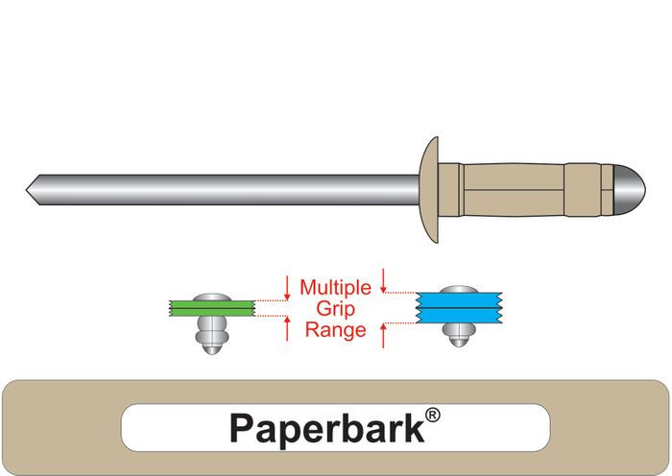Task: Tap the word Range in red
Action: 334,330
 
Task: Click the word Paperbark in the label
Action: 326,428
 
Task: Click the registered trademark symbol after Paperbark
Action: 433,415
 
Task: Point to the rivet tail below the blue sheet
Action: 458,333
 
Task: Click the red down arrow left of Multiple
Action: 287,286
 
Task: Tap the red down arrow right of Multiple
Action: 384,280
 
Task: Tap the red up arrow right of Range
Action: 384,335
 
